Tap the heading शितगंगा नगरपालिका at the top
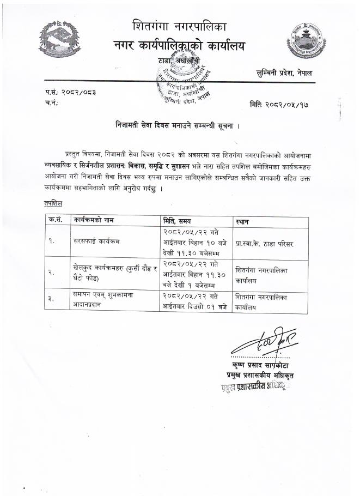click(x=179, y=26)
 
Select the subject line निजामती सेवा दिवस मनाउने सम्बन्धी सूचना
click(x=177, y=125)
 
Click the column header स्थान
click(x=243, y=221)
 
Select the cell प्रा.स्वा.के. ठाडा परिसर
click(x=265, y=244)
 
